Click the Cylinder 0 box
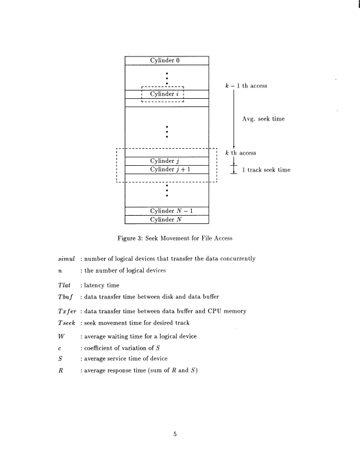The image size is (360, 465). (167, 61)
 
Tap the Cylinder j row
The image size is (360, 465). (167, 161)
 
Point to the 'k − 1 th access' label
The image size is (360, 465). (246, 86)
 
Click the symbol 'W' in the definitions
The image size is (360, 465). (55, 336)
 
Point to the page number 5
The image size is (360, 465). (175, 435)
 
